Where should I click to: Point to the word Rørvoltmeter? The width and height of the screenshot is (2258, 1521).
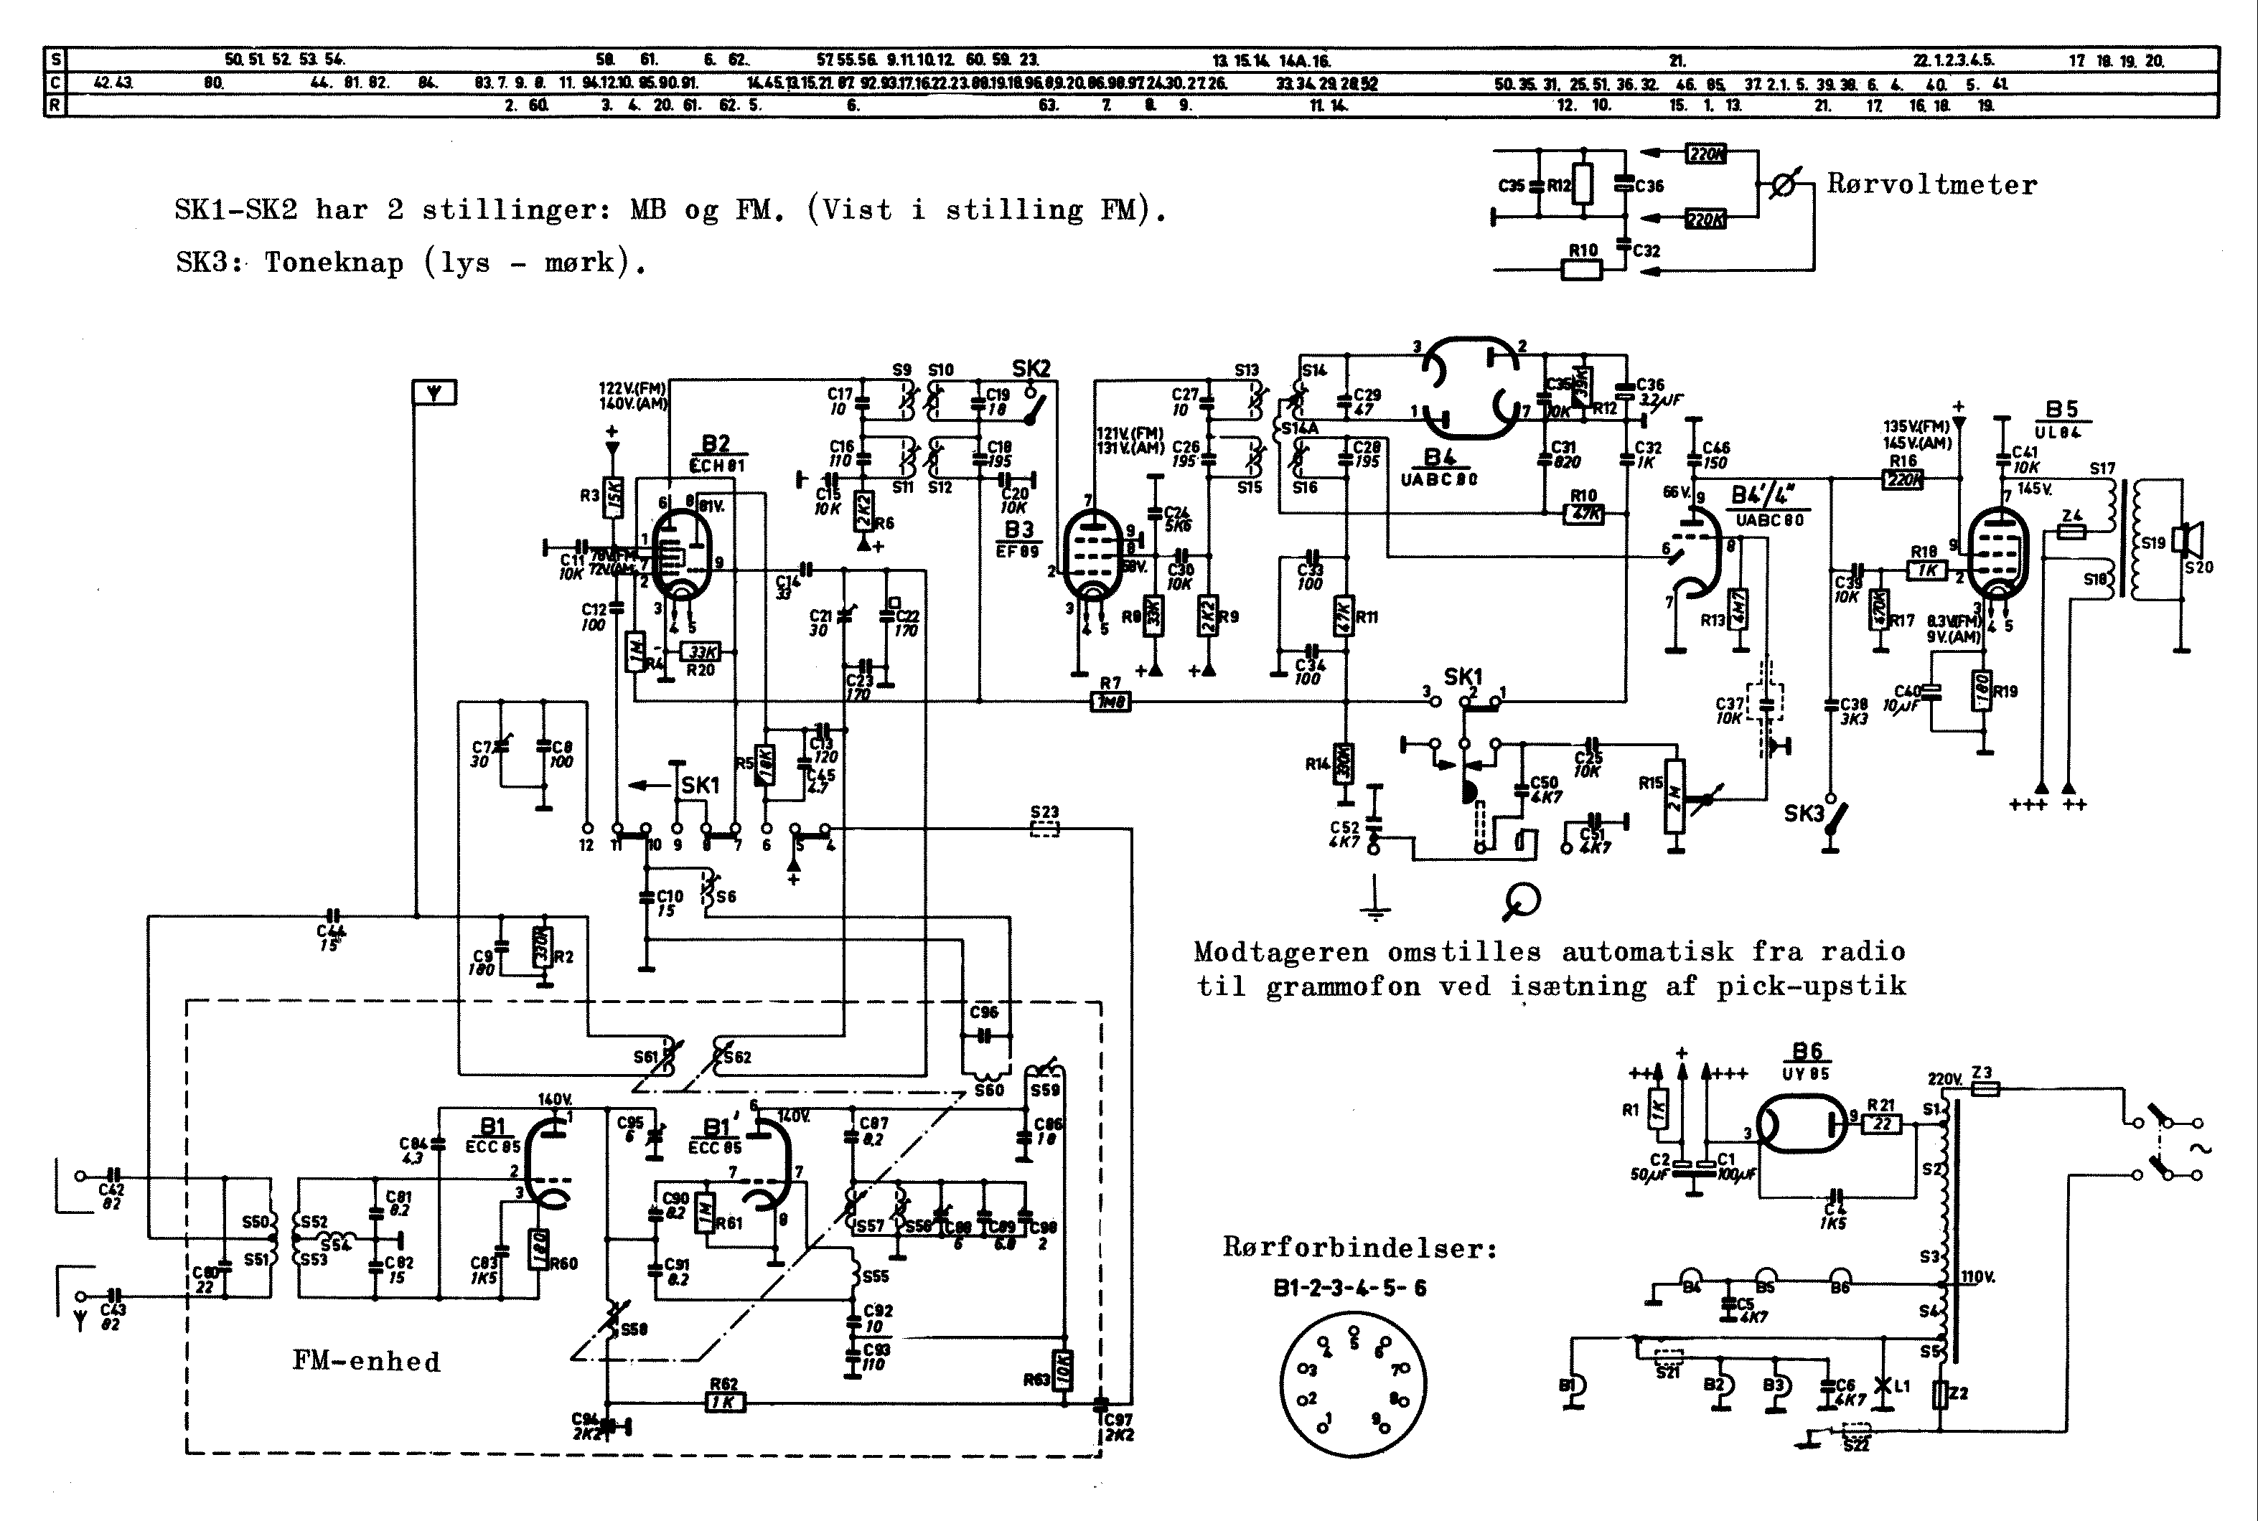coord(1931,184)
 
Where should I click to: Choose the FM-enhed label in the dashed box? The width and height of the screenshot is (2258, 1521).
coord(366,1361)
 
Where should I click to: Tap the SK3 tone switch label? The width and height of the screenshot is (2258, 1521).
coord(1804,814)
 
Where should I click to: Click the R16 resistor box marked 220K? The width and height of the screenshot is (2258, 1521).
coord(1903,479)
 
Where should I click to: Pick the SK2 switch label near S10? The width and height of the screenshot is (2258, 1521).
coord(1031,369)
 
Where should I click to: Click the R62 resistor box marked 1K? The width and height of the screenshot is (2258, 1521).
coord(725,1402)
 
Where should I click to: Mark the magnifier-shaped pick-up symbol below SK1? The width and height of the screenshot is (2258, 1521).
coord(1522,902)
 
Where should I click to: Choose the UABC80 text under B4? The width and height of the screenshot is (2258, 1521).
coord(1439,479)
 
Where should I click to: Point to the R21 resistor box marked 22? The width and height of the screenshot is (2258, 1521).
coord(1883,1124)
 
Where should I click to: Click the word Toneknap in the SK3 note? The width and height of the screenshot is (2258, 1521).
coord(334,262)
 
